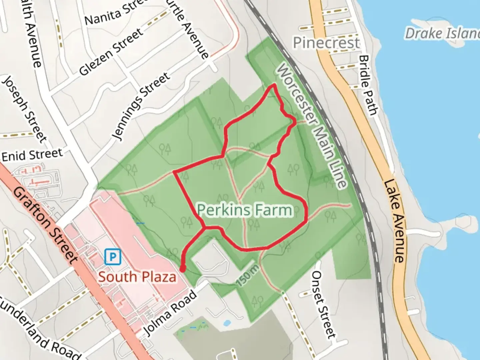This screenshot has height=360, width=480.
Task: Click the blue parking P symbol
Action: (112, 257)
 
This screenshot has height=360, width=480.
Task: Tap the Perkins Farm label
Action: (245, 210)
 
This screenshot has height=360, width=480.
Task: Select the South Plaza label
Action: (137, 277)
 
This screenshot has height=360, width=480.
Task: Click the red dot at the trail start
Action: (183, 269)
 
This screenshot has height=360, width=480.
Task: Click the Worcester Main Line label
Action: (312, 126)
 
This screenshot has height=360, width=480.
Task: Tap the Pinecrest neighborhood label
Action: (326, 43)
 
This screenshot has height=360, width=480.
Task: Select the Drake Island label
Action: (442, 33)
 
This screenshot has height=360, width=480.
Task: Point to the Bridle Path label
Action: (369, 85)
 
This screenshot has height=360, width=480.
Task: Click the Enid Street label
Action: (32, 155)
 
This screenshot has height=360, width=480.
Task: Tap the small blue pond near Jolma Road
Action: (227, 323)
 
